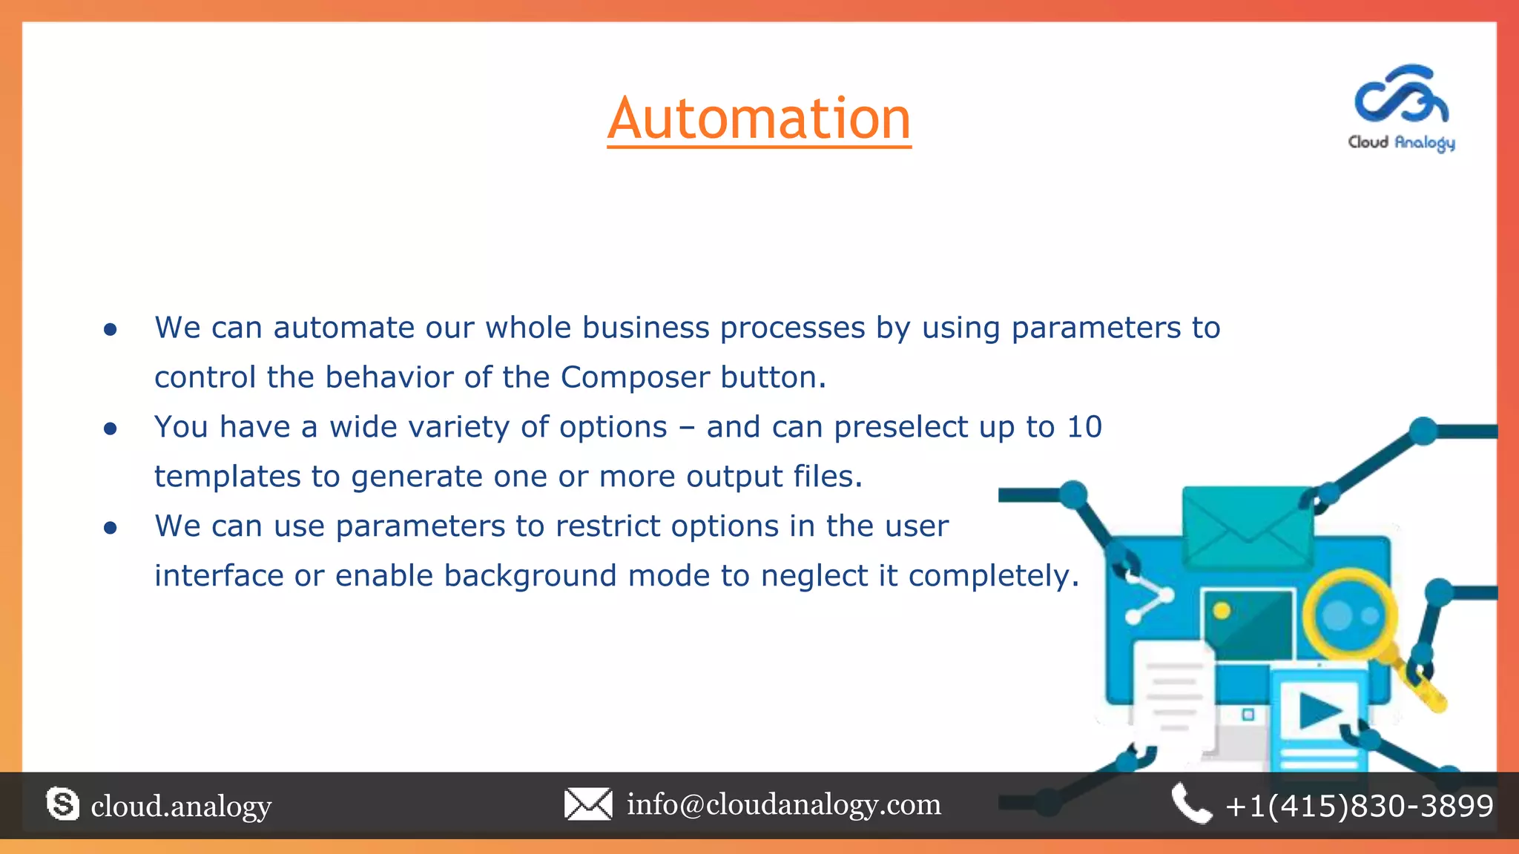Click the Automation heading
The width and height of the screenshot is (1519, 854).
coord(759,119)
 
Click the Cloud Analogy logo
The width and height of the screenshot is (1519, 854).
coord(1401,107)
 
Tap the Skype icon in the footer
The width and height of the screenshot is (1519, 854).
coord(62,804)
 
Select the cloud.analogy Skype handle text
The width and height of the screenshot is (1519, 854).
coord(181,806)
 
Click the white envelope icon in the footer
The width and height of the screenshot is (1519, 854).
coord(588,804)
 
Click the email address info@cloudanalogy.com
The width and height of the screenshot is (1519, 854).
coord(784,804)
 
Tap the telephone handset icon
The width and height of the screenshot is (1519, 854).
coord(1190,804)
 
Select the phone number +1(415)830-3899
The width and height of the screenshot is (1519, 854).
coord(1360,806)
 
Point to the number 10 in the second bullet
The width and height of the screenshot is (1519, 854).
coord(1084,427)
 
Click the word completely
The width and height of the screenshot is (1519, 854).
coord(993,576)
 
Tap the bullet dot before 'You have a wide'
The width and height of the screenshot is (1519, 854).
coord(111,428)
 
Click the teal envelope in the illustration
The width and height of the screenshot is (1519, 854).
coord(1248,527)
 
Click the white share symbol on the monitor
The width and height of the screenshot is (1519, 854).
coord(1148,597)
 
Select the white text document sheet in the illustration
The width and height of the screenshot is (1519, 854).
coord(1172,693)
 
